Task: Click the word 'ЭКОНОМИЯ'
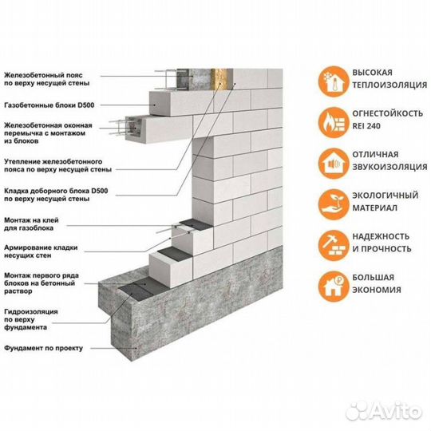[x=373, y=290]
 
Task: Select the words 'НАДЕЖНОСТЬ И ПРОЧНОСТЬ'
[x=378, y=243]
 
